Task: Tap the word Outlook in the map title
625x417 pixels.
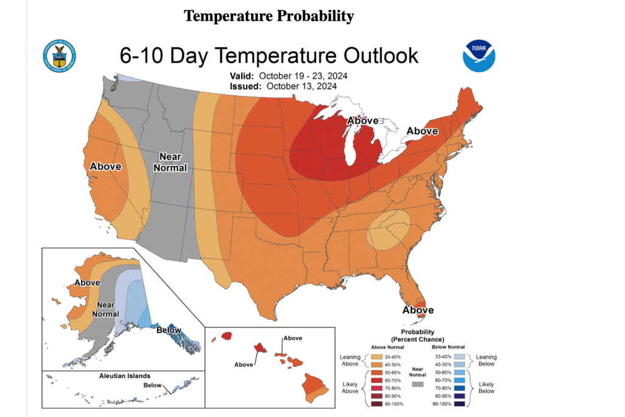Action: tap(375, 56)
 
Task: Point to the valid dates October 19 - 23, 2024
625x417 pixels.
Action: tap(306, 76)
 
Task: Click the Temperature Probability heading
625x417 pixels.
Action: tap(269, 16)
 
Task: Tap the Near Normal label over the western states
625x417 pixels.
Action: tap(170, 161)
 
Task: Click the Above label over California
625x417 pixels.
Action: tap(106, 166)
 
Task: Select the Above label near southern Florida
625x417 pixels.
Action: tap(417, 310)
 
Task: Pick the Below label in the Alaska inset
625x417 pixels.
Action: tap(169, 330)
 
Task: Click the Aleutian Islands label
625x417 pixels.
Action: tap(125, 376)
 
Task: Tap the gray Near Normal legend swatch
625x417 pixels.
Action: tap(418, 385)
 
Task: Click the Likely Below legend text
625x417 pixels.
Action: tap(486, 387)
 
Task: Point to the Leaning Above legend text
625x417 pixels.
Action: tap(351, 361)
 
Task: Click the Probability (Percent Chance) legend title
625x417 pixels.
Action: tap(417, 335)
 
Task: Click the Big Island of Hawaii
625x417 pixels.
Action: tap(314, 389)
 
